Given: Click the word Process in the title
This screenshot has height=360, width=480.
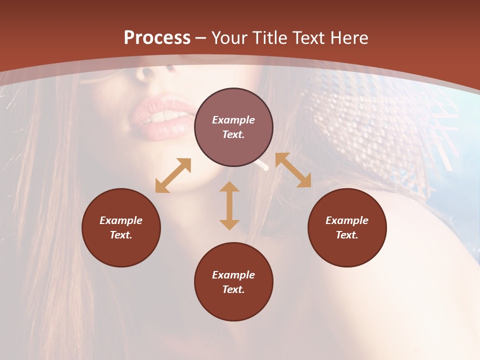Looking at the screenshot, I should coord(157,38).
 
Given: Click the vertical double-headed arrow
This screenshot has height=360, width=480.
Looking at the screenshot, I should coord(229,205).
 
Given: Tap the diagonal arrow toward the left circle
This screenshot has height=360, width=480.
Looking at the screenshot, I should coord(173,175).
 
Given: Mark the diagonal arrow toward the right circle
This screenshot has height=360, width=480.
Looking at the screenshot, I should coord(293,170).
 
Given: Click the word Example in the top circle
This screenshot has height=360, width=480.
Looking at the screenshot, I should coord(233,120).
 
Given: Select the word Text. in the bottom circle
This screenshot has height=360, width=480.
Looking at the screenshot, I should coord(233,289).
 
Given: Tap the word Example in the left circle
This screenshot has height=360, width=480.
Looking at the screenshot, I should coord(121,220).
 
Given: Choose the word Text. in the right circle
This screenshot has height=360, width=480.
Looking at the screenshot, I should coord(347,235).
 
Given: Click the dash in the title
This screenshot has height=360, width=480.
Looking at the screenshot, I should coord(201,38).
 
